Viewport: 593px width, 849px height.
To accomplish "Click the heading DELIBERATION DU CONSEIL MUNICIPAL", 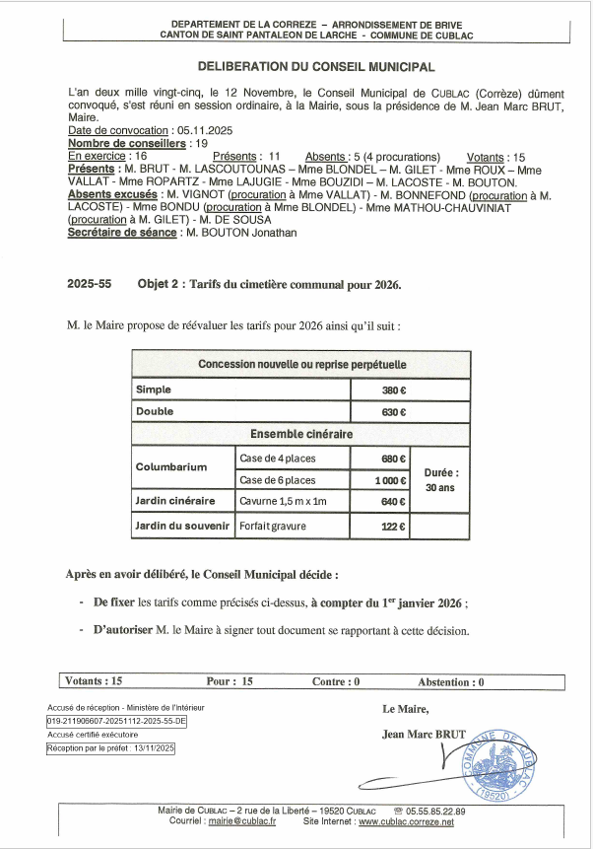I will coord(316,67).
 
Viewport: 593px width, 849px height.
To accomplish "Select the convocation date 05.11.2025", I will coord(205,130).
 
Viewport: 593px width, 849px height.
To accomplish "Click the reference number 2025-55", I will coord(90,284).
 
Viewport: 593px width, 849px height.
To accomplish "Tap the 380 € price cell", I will coord(395,389).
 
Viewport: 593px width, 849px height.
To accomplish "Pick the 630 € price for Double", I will coord(395,411).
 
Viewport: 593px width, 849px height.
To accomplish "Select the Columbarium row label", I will coord(171,467).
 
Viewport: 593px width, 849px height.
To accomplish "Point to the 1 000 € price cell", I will coord(391,480).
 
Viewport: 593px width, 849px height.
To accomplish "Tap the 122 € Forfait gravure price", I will coord(395,527).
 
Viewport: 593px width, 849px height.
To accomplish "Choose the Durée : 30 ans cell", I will coord(441,479).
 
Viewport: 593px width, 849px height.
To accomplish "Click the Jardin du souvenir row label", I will coord(182,527).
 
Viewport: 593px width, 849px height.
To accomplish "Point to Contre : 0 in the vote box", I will coord(336,681).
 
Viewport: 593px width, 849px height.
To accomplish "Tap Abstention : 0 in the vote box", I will coord(450,681).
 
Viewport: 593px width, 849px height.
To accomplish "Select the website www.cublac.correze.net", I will coord(406,821).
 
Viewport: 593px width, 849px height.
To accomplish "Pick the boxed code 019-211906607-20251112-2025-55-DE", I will coord(115,721).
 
